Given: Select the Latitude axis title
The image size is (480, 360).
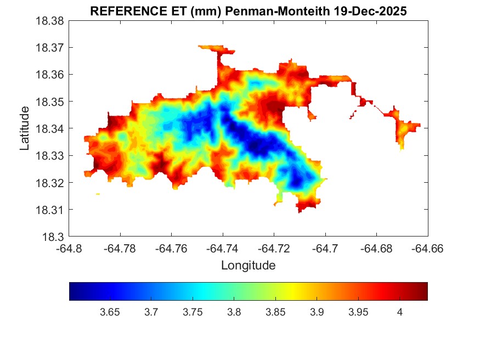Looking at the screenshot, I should (x=25, y=128).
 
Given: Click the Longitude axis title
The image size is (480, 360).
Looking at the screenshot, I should (x=248, y=266).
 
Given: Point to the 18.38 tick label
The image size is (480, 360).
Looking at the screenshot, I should (x=50, y=21).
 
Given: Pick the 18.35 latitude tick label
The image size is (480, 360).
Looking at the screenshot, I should (x=50, y=102).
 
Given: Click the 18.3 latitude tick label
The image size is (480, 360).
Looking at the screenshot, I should (x=54, y=237).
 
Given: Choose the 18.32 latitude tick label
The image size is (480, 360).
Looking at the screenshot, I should (x=50, y=183).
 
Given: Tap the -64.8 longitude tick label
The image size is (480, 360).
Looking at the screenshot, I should (x=70, y=249).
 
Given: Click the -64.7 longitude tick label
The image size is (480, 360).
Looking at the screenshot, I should (x=326, y=249).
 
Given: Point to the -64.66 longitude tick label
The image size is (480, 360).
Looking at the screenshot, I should (x=428, y=249).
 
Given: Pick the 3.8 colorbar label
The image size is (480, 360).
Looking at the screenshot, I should (x=234, y=312).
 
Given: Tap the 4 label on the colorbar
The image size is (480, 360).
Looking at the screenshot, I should (x=399, y=312).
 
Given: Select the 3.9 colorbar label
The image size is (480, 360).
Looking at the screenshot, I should (x=317, y=312).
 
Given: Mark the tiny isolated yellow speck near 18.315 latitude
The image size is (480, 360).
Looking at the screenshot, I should (x=98, y=194).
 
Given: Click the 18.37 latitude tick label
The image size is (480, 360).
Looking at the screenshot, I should (x=50, y=48).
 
